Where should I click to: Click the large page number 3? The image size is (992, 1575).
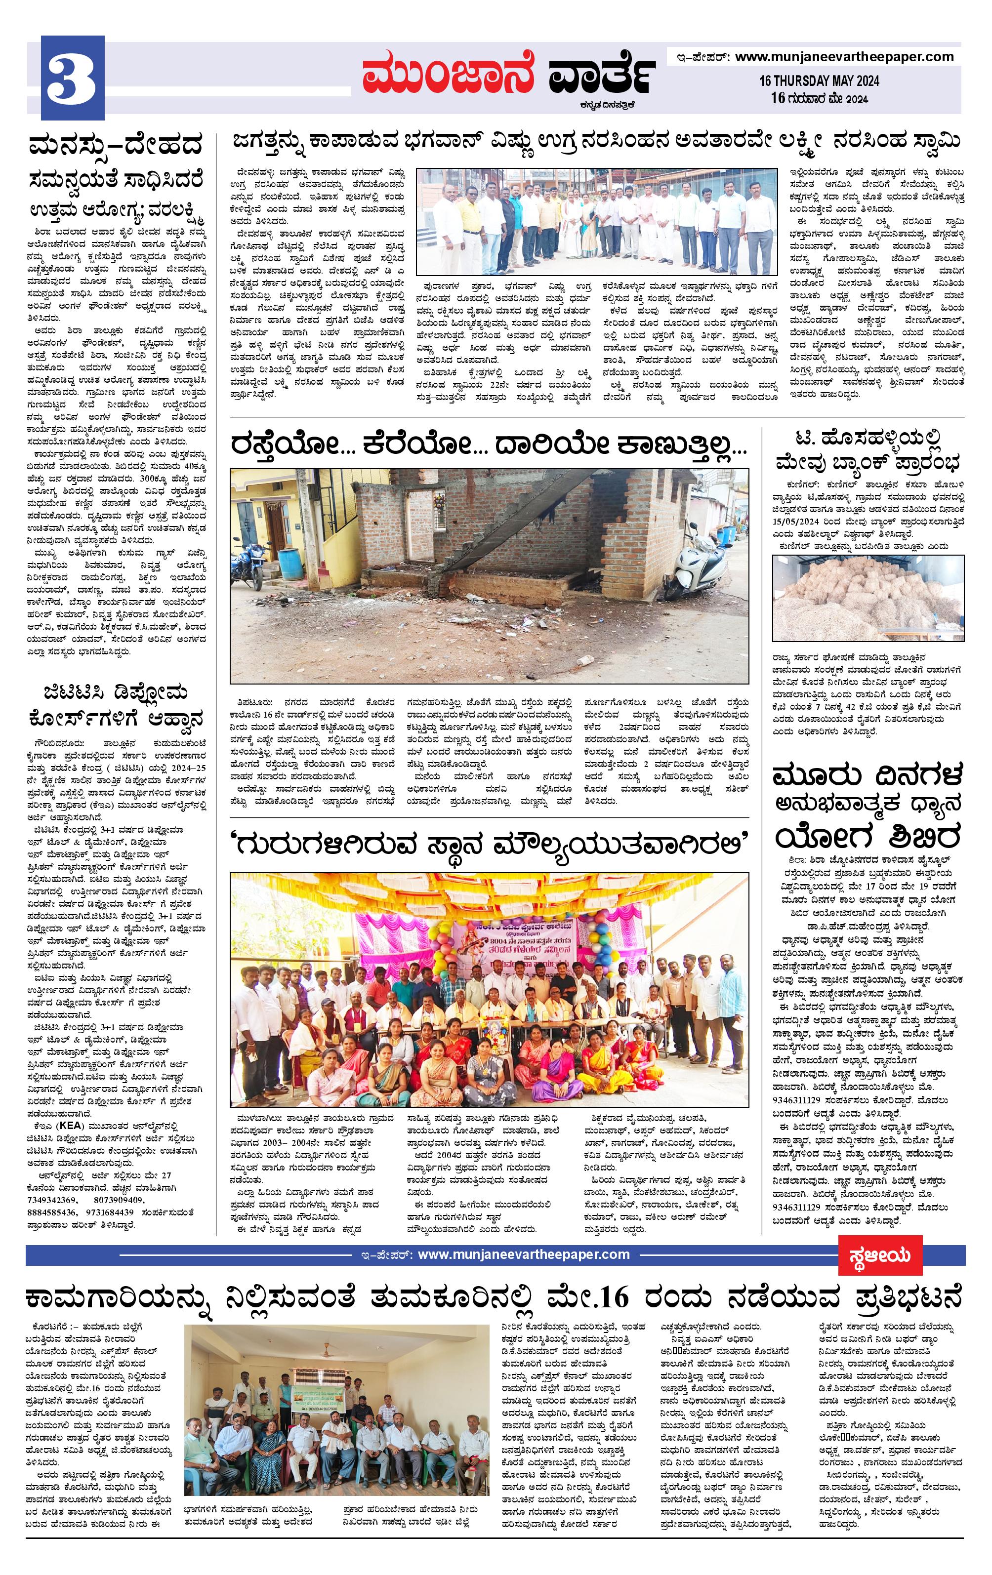click(72, 79)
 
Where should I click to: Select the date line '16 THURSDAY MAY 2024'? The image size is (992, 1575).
click(819, 81)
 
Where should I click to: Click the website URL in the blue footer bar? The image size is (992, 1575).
click(524, 797)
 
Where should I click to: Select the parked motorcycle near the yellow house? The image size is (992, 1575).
click(259, 561)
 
